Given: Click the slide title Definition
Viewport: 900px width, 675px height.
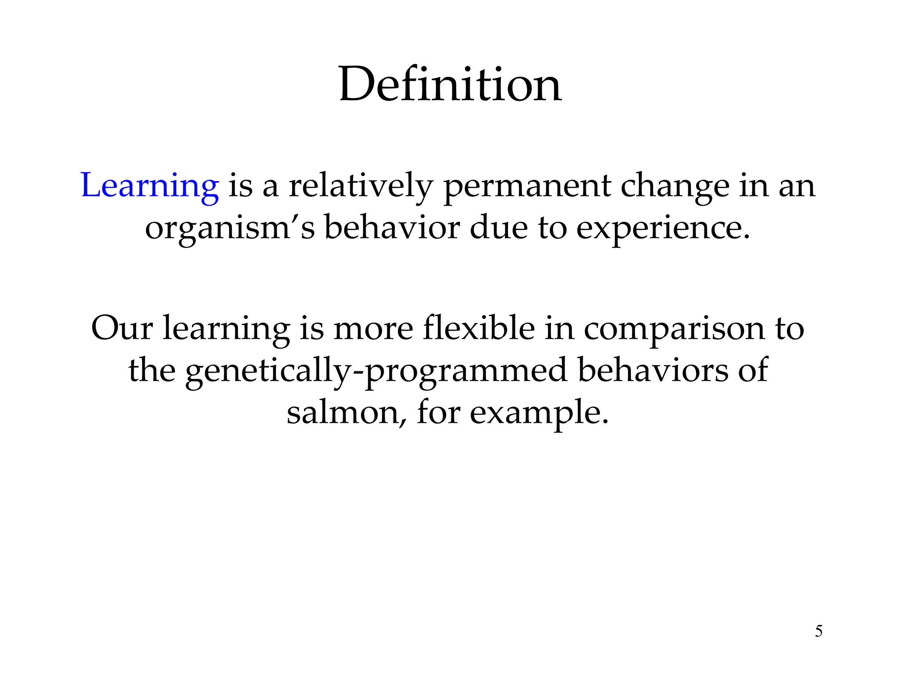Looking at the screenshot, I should click(450, 84).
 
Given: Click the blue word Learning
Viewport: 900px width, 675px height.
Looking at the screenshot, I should click(150, 186).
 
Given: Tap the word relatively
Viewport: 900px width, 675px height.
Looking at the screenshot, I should click(361, 186).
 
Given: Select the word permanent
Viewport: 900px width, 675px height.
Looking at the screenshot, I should click(527, 186).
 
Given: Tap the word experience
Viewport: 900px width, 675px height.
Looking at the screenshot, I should click(663, 229).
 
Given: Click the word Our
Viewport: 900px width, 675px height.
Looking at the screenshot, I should click(122, 328).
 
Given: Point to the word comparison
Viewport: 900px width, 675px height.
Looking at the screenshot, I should click(674, 328).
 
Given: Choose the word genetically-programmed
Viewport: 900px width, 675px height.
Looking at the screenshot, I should click(376, 370).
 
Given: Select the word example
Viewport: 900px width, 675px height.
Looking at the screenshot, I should click(539, 413).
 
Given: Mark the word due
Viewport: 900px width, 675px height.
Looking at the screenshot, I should click(498, 229).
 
